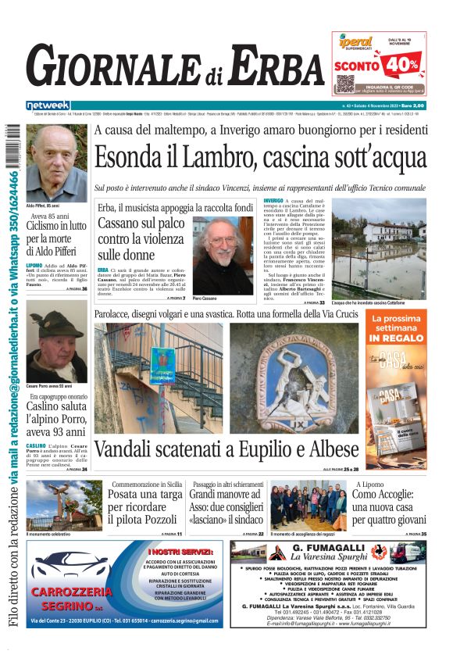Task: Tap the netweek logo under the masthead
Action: (x=48, y=105)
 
